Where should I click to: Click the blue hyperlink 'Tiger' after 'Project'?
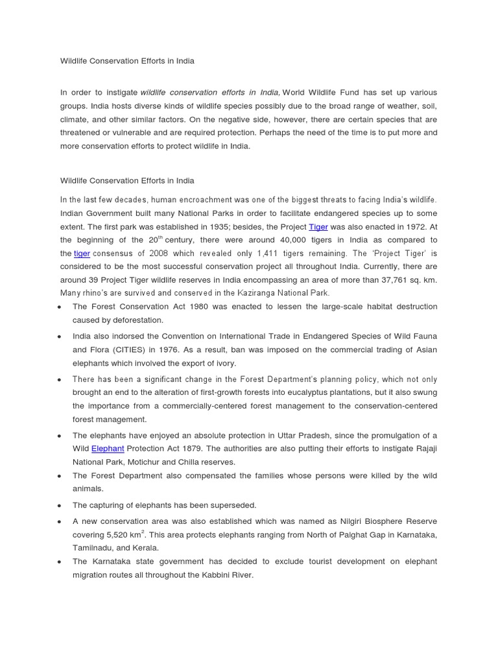(318, 227)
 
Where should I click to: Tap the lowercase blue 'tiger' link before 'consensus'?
(82, 254)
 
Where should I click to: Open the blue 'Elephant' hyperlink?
(108, 448)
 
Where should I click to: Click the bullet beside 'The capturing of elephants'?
(59, 506)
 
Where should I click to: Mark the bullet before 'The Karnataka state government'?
(59, 562)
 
